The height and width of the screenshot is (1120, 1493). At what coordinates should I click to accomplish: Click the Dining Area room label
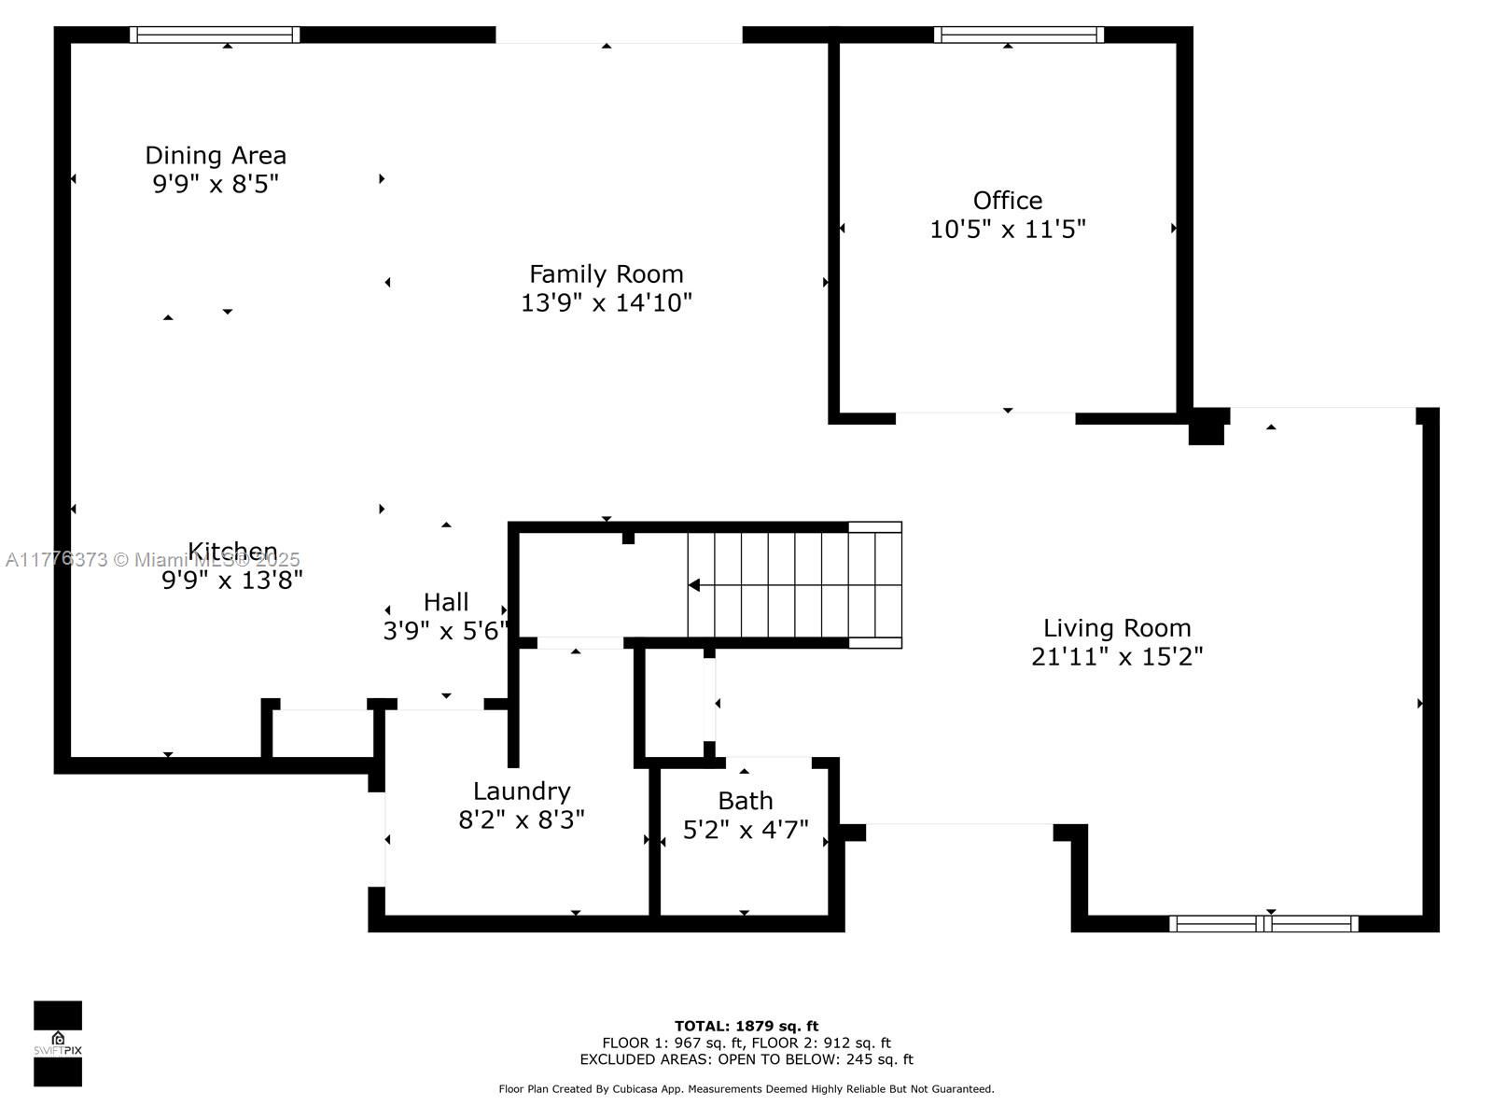point(216,156)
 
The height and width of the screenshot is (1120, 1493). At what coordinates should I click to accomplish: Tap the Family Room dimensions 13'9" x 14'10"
point(606,302)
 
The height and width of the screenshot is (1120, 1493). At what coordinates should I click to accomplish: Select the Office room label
point(1008,201)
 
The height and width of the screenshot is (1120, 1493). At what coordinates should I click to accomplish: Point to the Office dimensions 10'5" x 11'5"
point(1008,230)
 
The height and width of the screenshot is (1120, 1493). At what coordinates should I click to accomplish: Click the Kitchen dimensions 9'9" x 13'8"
point(232,580)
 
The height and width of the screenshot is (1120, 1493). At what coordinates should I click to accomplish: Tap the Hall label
point(446,602)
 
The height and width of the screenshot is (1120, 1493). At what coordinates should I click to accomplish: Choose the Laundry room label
point(522,791)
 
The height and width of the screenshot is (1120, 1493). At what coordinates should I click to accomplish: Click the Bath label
point(746,801)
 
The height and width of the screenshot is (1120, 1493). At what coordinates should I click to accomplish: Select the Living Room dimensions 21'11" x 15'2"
point(1117,656)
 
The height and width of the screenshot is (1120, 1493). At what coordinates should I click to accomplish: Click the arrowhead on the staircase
point(694,585)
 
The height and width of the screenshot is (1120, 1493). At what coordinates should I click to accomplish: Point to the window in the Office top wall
point(1018,35)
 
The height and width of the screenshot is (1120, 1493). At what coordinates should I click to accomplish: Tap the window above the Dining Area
point(215,35)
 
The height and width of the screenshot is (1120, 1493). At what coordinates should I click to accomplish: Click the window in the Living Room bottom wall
point(1263,923)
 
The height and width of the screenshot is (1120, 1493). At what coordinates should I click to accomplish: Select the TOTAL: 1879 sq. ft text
point(746,1026)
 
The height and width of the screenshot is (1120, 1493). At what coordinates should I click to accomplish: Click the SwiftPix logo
point(58,1043)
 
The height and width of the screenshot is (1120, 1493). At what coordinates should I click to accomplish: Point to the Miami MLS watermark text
point(152,560)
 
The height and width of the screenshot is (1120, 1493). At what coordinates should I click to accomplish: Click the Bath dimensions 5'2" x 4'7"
point(746,830)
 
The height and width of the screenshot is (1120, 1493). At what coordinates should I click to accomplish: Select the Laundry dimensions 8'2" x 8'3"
point(522,820)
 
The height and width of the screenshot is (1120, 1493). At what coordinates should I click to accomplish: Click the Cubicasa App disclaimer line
point(746,1089)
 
